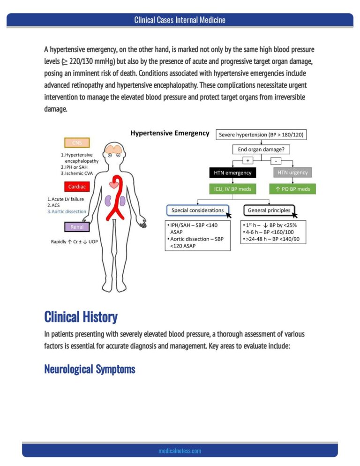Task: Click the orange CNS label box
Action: pos(77,143)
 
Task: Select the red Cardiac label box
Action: pos(77,187)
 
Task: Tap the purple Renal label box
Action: pos(77,227)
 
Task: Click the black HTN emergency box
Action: pos(232,173)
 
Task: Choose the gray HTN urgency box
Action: pos(292,173)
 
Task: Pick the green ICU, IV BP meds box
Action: pos(232,189)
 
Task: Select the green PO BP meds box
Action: pos(292,189)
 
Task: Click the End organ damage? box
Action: pos(261,150)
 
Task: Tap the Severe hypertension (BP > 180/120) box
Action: pos(261,135)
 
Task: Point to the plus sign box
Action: pos(247,161)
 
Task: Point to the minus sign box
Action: pos(276,161)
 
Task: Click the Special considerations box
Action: pos(198,210)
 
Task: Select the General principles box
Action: pos(269,210)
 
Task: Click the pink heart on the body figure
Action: pos(114,185)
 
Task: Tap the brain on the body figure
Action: pos(114,149)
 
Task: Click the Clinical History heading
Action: pos(81,317)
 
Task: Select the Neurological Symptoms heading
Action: pos(90,369)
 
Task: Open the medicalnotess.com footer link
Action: pos(180,451)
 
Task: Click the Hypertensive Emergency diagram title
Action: pos(170,133)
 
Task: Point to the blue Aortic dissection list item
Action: pos(67,211)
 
